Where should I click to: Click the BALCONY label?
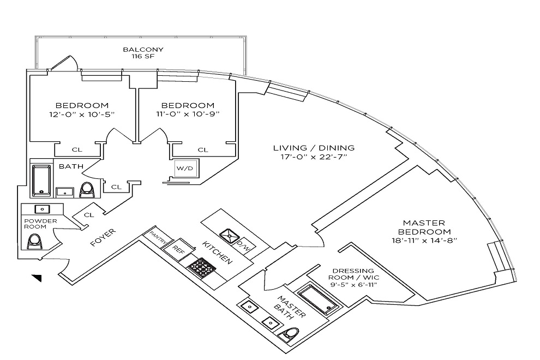143,50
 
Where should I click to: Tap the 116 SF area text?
143,57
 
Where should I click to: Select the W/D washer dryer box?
185,168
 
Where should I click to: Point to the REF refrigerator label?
178,249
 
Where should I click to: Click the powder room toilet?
34,241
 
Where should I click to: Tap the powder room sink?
43,209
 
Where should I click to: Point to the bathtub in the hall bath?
41,180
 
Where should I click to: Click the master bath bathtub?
318,299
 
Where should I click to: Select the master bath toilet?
289,334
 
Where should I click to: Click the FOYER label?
103,238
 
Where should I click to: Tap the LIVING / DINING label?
314,148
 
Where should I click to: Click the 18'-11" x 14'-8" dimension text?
424,241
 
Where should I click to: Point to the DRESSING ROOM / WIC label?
353,274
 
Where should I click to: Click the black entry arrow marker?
37,278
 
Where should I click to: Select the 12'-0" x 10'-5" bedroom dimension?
82,114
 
